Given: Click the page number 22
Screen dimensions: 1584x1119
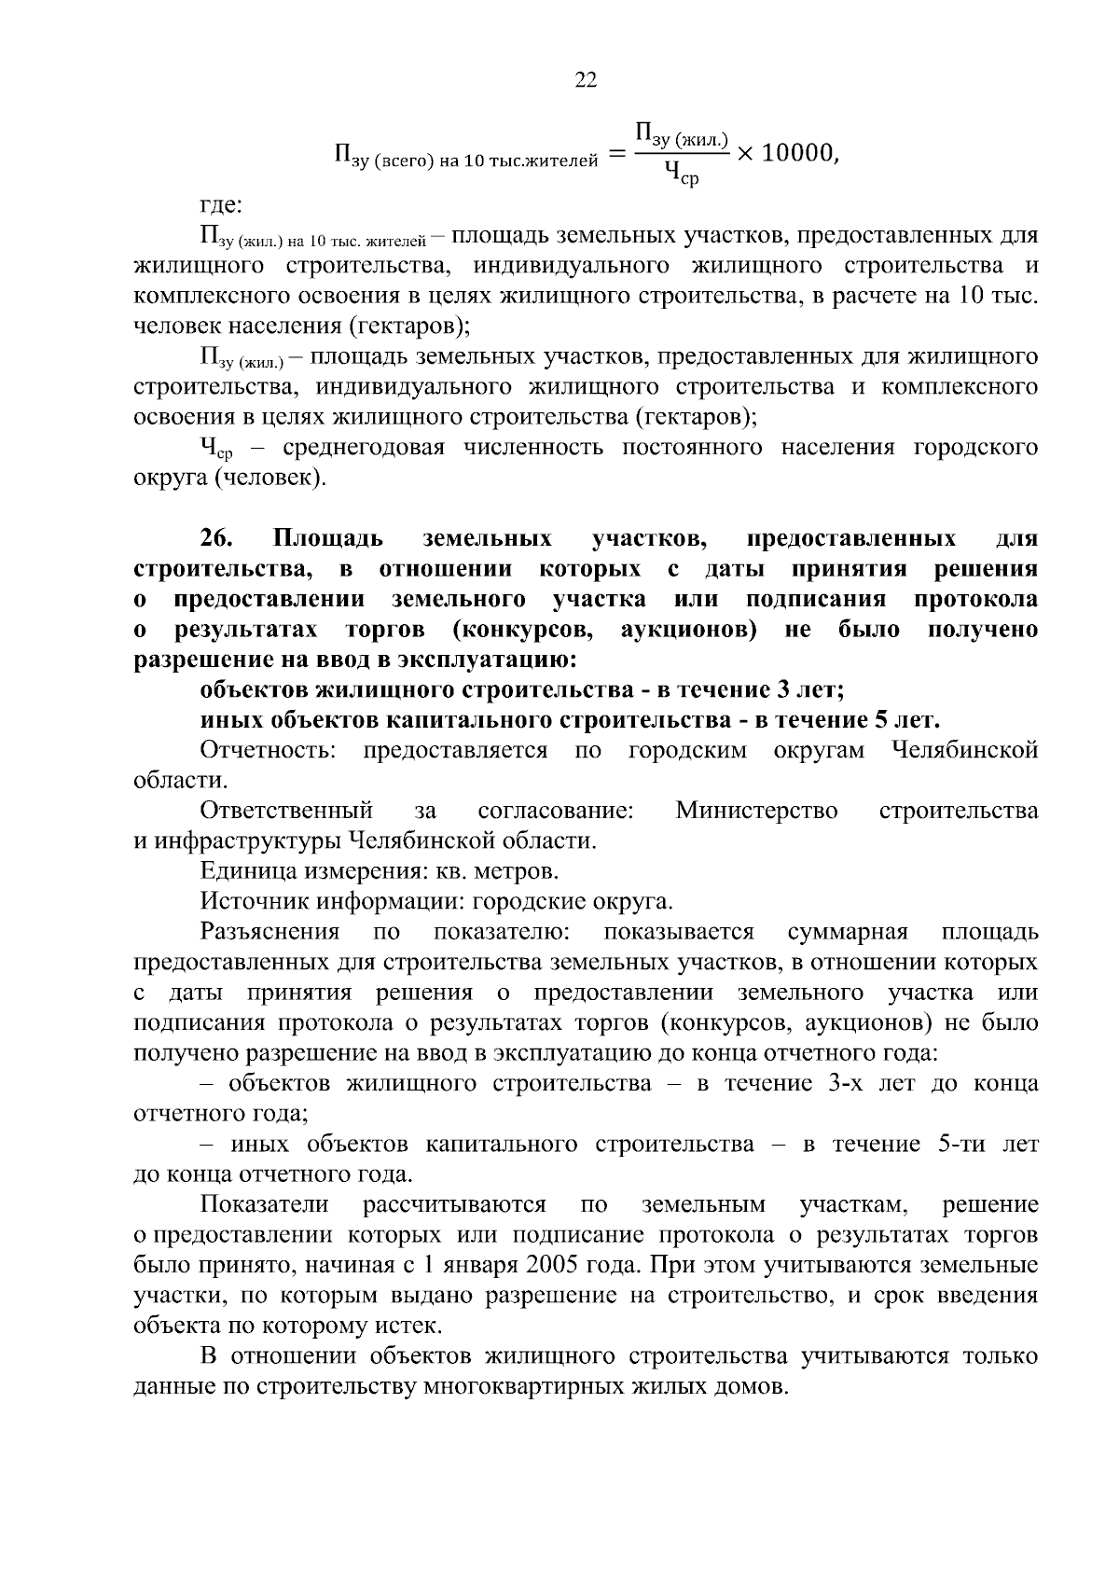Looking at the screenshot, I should point(586,80).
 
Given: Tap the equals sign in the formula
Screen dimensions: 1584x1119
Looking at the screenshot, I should point(616,156).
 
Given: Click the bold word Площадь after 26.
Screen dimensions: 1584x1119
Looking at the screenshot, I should point(327,539).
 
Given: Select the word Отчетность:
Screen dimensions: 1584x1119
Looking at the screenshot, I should point(268,751).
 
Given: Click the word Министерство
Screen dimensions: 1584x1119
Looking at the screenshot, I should point(756,811).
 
